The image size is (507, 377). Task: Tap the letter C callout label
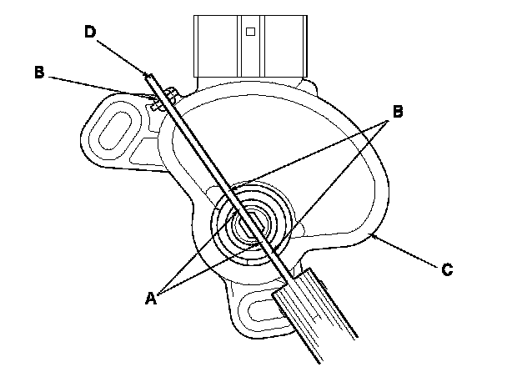(x=448, y=269)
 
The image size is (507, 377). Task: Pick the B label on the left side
(x=39, y=72)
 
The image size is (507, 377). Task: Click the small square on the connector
(x=250, y=33)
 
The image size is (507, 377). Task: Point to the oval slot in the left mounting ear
(x=114, y=133)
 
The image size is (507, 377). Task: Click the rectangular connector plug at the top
(x=249, y=46)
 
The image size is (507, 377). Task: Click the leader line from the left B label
(x=100, y=86)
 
